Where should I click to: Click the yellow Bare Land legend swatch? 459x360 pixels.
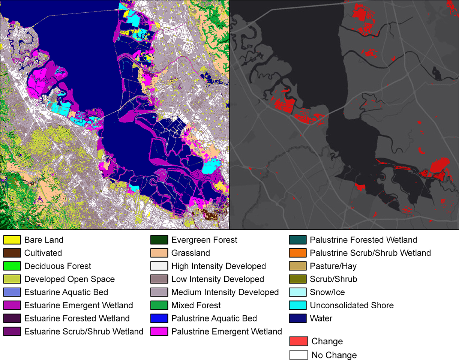pos(12,240)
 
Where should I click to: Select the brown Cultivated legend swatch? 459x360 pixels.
pos(12,253)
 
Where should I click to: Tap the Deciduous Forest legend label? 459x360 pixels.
pos(57,266)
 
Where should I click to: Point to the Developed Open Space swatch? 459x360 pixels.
pos(12,279)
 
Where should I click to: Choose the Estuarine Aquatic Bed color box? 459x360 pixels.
pos(12,292)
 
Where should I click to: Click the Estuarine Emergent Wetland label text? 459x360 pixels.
pos(78,305)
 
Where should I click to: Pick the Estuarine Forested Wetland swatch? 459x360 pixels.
pos(12,318)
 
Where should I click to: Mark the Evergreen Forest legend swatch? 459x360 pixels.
pos(159,240)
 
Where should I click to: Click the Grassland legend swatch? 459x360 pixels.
pos(159,253)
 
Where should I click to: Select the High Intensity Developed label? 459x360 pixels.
pos(218,266)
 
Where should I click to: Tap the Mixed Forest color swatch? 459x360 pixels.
pos(159,305)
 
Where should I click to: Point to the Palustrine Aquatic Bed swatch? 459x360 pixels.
pos(159,318)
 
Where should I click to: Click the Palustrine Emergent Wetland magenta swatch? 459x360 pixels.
pos(159,331)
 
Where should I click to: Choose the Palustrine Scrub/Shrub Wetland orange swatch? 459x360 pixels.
pos(297,253)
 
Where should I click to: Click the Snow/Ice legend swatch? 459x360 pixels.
pos(297,292)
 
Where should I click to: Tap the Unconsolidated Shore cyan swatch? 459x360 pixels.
pos(297,305)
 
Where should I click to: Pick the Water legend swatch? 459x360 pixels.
pos(297,318)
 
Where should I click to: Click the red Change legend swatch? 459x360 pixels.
pos(298,341)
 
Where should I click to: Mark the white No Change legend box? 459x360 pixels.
pos(298,355)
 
